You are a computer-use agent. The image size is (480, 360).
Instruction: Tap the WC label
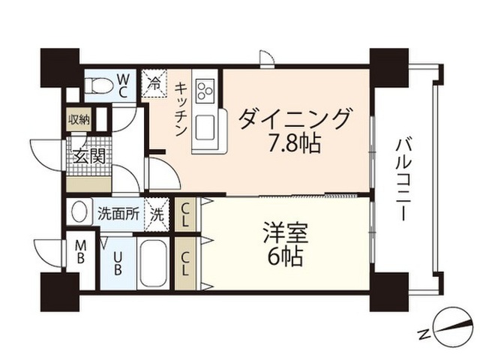123,86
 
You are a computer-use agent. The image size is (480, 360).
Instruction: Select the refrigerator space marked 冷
154,83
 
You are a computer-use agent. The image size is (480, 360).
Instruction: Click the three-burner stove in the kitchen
205,90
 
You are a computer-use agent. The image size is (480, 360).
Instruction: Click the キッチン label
181,109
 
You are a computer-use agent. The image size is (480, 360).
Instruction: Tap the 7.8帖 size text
294,143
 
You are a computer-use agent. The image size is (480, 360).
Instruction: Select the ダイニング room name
294,119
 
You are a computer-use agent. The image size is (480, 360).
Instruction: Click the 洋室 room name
286,233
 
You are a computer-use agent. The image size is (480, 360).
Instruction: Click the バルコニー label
404,180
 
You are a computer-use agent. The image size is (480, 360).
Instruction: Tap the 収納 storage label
79,120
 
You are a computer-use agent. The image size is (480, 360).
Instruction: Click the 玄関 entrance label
90,156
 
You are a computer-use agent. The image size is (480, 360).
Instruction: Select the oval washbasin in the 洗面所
79,211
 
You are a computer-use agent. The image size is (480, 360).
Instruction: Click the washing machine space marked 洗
157,214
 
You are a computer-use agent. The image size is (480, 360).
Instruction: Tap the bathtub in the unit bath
153,263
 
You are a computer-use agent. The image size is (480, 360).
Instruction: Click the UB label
118,263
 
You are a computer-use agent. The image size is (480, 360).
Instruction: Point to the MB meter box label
80,252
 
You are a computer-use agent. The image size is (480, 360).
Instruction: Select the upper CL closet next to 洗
184,214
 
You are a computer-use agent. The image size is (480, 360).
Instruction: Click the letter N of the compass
424,334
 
